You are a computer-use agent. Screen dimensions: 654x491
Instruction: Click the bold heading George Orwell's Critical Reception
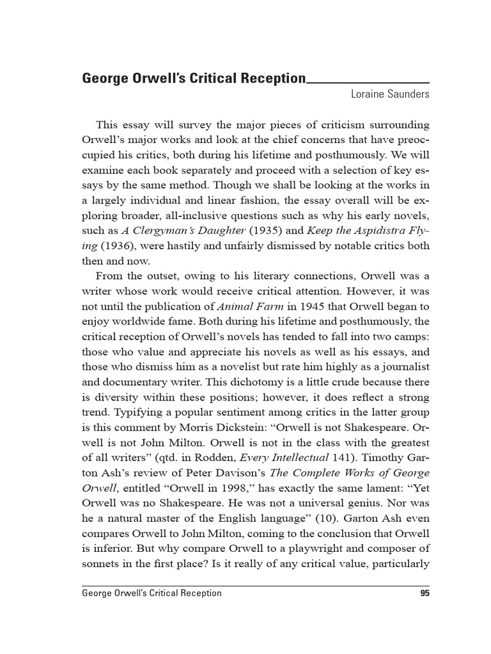click(x=194, y=79)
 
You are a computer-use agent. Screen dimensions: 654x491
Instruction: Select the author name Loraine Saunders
click(x=390, y=95)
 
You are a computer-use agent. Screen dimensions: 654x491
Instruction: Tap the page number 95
click(x=425, y=593)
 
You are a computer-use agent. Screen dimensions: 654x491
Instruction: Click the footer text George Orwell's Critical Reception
click(x=152, y=593)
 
